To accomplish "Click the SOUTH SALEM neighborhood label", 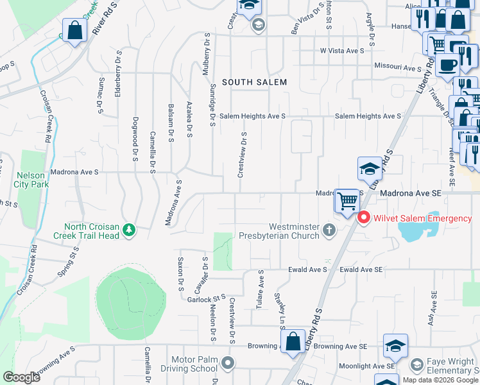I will click(x=254, y=82).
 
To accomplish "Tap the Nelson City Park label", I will click(x=30, y=180).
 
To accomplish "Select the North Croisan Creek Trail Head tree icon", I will click(x=130, y=230).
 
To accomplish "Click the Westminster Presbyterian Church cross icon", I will click(x=329, y=230).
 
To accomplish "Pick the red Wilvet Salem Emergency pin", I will click(x=363, y=218).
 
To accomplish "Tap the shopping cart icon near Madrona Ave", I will click(x=347, y=201).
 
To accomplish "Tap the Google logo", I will click(x=21, y=377).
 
